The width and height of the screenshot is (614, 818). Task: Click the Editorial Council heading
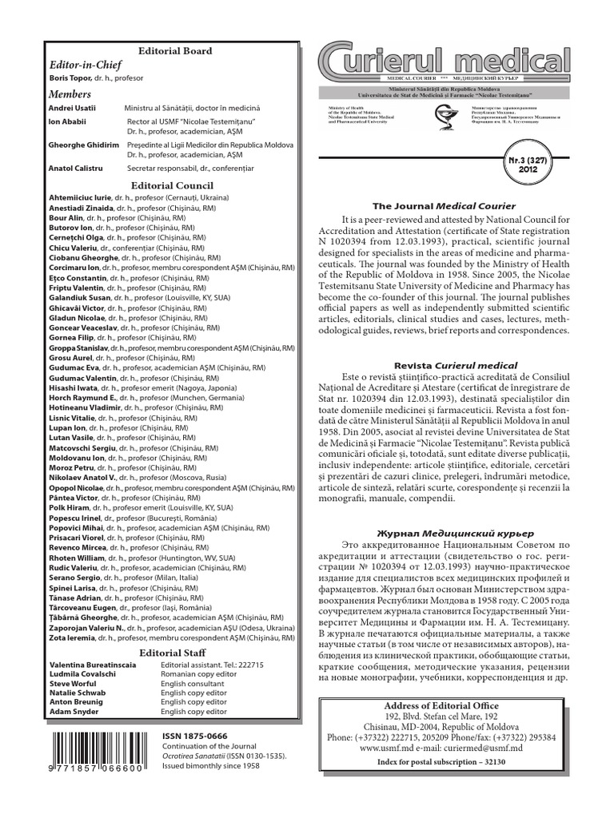point(175,185)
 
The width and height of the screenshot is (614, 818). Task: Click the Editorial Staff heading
point(175,652)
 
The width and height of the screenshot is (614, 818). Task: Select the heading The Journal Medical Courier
point(454,206)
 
